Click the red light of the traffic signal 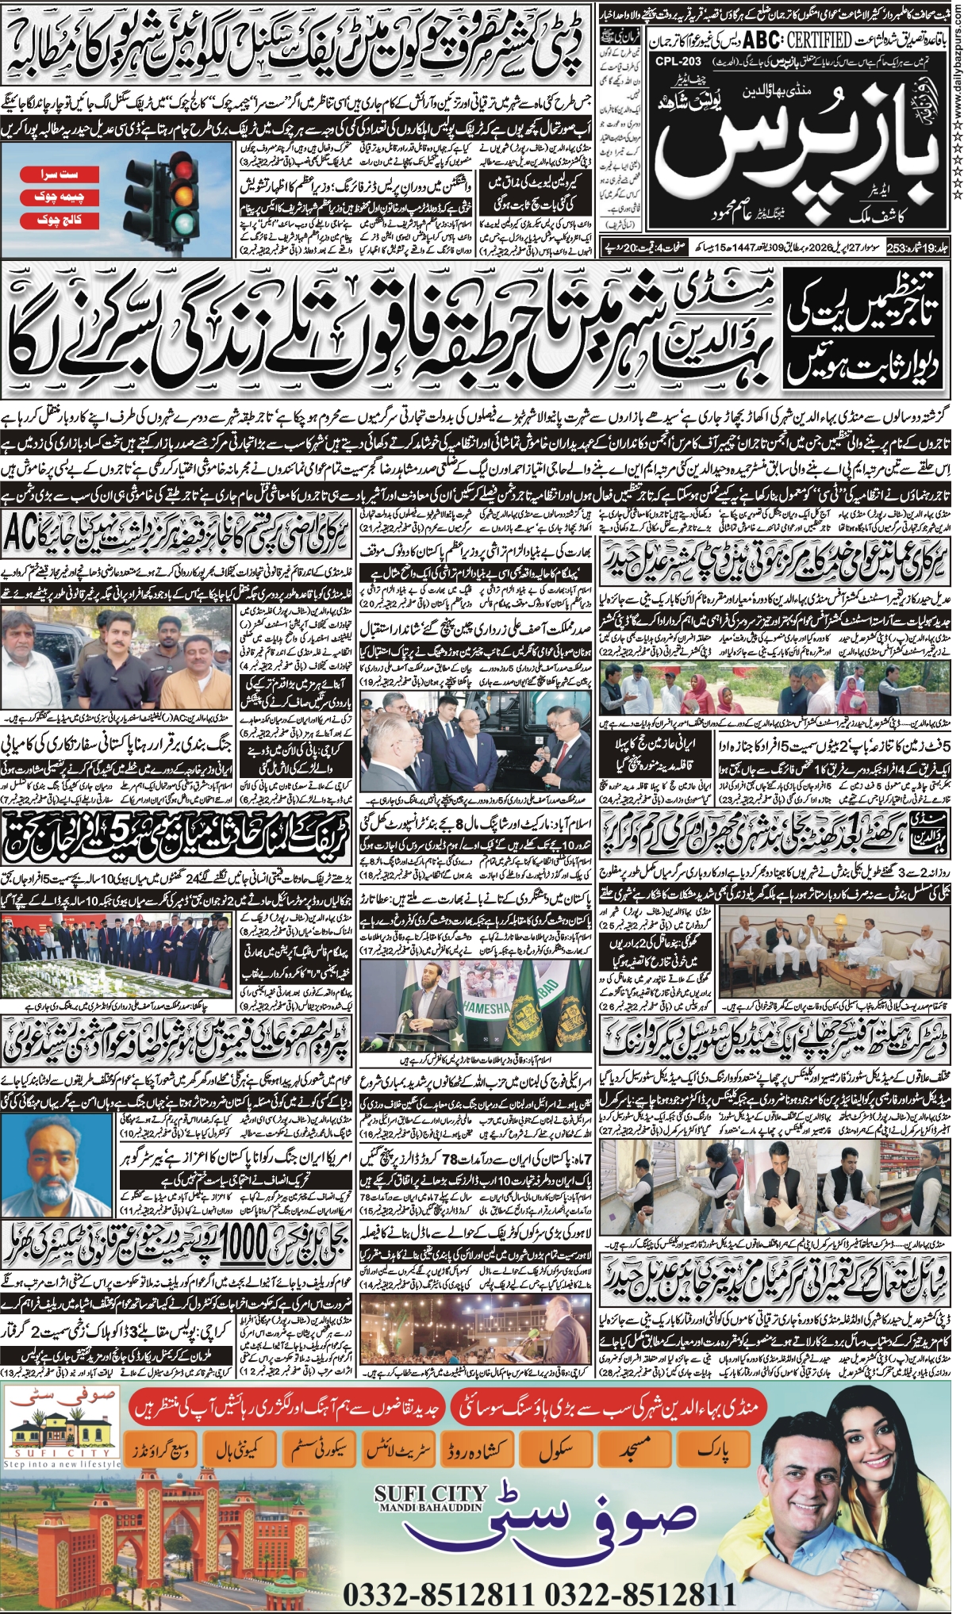pos(185,169)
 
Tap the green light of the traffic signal pos(185,221)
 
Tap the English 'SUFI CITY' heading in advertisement pos(430,1495)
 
